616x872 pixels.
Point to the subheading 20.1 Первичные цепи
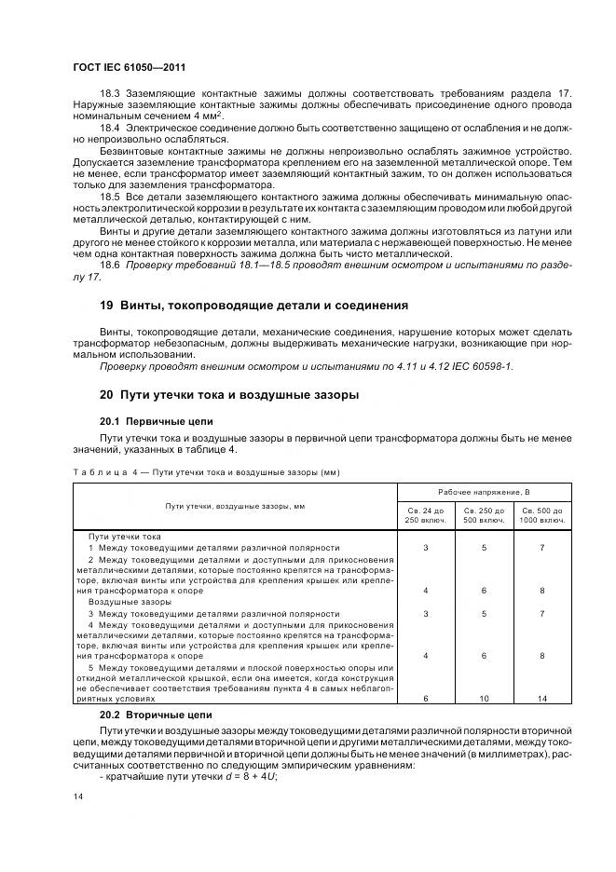click(x=144, y=419)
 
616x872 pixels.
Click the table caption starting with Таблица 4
click(x=206, y=472)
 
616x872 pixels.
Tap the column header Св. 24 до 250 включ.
click(x=426, y=515)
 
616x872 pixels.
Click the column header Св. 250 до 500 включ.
click(x=485, y=515)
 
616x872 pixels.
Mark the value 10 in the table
click(x=485, y=698)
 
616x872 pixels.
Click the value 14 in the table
click(x=542, y=698)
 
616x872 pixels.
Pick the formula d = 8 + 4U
click(x=212, y=776)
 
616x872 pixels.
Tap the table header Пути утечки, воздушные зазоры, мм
click(x=235, y=505)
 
